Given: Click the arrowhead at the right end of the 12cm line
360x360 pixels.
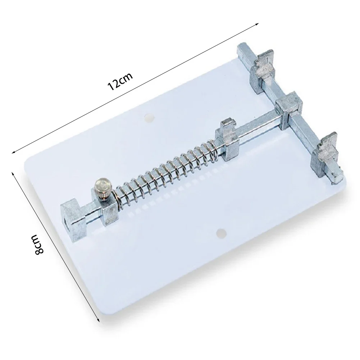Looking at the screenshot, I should [258, 24].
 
